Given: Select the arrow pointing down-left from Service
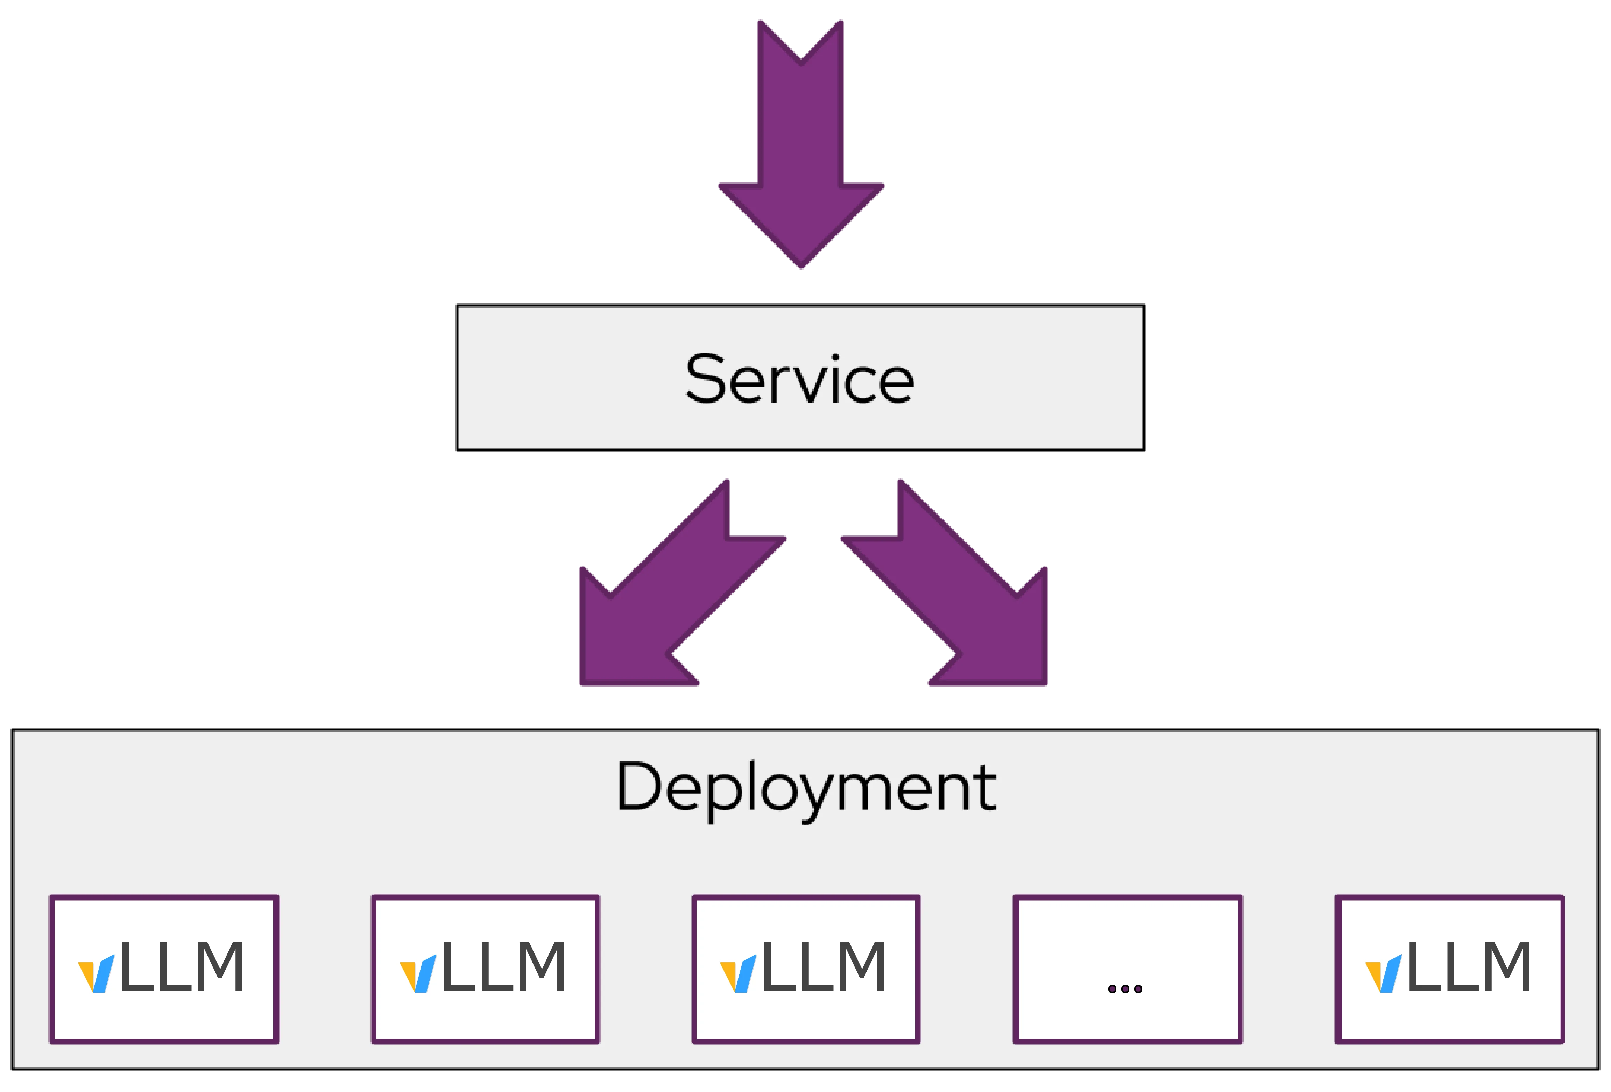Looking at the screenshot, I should pyautogui.click(x=665, y=596).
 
